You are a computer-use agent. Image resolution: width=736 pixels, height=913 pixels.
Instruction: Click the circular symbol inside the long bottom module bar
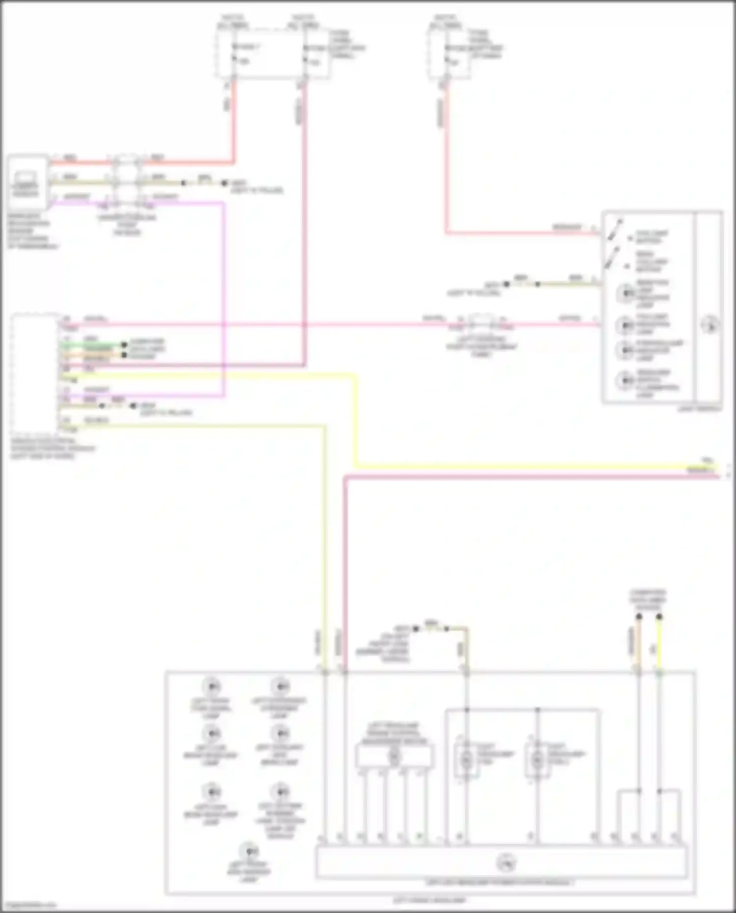(x=505, y=862)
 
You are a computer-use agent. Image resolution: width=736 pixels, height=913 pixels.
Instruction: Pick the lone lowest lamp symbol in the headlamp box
(x=249, y=850)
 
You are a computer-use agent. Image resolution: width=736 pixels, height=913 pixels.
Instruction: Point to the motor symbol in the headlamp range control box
(x=394, y=756)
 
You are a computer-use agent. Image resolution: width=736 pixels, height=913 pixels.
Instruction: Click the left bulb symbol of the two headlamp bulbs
(x=466, y=760)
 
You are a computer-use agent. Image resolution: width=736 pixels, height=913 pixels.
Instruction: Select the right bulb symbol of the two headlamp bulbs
(x=537, y=760)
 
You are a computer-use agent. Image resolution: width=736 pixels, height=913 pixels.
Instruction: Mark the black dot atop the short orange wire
(x=638, y=617)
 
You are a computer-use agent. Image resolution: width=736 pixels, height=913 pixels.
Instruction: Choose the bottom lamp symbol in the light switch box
(x=625, y=380)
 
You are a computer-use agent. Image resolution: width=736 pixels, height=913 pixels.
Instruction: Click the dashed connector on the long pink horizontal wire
(x=482, y=324)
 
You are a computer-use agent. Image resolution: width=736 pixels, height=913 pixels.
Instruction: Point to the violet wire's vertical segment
(x=224, y=294)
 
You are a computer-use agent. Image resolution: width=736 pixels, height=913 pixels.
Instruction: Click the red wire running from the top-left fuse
(x=234, y=123)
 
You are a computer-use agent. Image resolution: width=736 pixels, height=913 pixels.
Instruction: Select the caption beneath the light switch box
(x=699, y=409)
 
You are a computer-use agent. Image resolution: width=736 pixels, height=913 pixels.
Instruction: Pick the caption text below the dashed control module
(x=52, y=448)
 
